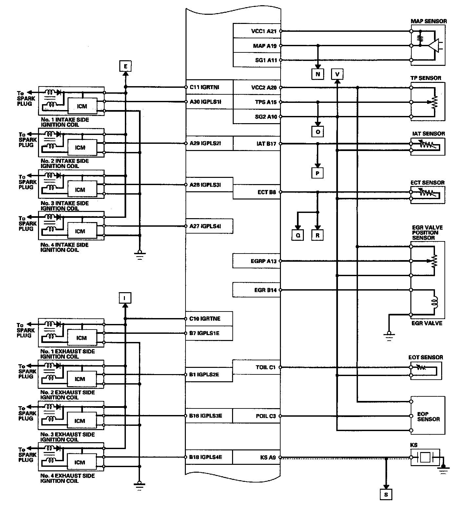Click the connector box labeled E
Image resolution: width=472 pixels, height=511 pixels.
pos(125,67)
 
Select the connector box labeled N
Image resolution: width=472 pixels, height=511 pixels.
pos(317,74)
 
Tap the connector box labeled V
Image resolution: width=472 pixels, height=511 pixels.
pos(337,74)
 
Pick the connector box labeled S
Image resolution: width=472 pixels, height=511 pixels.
pos(386,495)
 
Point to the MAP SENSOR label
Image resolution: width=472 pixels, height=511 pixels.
pos(428,21)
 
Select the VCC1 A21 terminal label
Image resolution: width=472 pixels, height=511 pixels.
pos(264,31)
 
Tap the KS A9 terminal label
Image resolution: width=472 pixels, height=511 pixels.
pos(268,457)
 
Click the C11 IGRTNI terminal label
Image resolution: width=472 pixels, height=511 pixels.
pos(204,87)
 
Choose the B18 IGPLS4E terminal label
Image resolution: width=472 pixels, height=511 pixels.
pos(206,457)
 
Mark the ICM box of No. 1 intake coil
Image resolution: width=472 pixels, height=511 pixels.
pos(82,106)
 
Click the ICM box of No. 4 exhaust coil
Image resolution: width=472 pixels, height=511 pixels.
pos(80,462)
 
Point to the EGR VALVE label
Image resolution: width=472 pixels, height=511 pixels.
pos(427,323)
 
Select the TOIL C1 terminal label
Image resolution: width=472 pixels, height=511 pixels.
pos(265,367)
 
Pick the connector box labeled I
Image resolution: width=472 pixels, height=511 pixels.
pos(125,298)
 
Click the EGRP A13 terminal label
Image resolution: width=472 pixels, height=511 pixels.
pos(263,261)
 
